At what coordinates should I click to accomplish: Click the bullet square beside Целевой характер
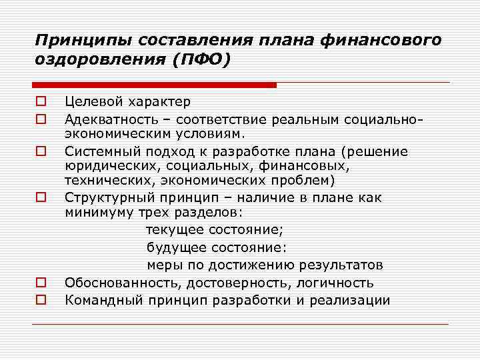[x=41, y=102]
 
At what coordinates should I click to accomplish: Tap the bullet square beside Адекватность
[x=41, y=119]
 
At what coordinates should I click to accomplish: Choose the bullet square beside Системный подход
[x=41, y=151]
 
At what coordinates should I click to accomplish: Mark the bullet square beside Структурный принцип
[x=41, y=197]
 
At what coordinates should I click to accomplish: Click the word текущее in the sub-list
[x=175, y=230]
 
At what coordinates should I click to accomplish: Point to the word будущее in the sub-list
[x=175, y=247]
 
